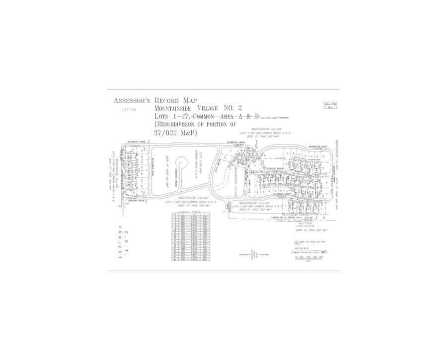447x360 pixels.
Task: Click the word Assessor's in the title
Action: (x=132, y=101)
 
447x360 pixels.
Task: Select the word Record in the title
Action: (x=168, y=101)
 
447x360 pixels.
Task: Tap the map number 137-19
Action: (x=128, y=110)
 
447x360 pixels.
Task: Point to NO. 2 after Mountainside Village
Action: (x=232, y=108)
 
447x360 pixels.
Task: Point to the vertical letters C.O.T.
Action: (x=127, y=234)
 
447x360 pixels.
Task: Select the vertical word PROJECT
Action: (x=120, y=243)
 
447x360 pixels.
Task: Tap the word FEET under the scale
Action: (x=308, y=262)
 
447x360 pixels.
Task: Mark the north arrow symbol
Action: (x=253, y=254)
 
